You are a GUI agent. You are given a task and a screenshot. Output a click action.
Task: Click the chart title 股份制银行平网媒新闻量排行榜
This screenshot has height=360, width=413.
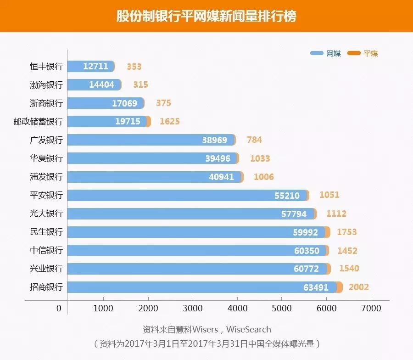click(x=206, y=17)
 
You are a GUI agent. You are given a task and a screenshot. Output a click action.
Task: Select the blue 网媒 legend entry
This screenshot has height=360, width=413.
click(x=326, y=53)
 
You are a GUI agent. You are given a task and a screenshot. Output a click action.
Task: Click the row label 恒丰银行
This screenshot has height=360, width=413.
click(x=46, y=66)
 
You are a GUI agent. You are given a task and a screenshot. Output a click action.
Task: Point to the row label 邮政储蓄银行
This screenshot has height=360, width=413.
click(x=38, y=121)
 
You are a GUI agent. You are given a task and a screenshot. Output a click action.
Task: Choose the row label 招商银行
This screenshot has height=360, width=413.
click(x=46, y=287)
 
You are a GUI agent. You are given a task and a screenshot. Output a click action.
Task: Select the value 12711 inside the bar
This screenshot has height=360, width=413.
click(x=95, y=66)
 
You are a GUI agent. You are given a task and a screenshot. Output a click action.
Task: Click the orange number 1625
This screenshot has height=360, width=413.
click(x=170, y=121)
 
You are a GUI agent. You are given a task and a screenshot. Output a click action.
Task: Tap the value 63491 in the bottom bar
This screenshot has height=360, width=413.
click(x=316, y=287)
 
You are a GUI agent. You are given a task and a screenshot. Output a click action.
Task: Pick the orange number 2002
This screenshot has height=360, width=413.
click(x=359, y=287)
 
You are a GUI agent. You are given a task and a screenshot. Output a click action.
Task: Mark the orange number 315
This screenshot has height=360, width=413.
click(x=141, y=84)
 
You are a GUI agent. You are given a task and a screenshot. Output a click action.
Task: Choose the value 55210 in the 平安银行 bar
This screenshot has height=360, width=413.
click(x=287, y=195)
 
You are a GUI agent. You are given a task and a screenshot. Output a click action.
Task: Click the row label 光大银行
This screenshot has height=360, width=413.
click(x=46, y=214)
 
